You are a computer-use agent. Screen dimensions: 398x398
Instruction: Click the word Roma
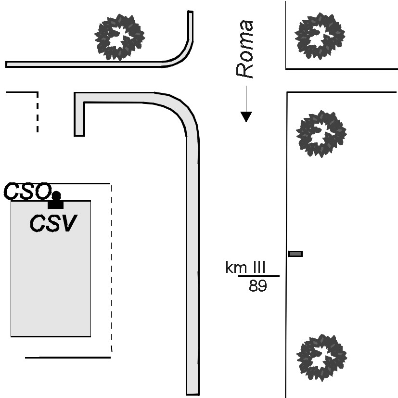(244, 49)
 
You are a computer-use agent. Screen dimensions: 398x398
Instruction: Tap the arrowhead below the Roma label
(246, 116)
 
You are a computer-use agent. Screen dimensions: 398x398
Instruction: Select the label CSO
(27, 191)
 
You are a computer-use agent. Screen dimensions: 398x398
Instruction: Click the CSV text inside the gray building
(53, 223)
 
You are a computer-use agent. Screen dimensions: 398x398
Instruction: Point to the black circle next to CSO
(56, 196)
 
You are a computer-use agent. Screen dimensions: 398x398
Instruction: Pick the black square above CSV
(56, 205)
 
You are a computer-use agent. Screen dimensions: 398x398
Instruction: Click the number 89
(257, 286)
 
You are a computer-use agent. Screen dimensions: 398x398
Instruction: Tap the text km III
(245, 267)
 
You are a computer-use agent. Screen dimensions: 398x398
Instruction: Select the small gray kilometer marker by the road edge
(295, 254)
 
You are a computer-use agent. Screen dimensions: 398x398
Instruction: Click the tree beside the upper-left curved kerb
(119, 38)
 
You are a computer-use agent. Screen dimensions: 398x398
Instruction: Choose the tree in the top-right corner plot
(320, 36)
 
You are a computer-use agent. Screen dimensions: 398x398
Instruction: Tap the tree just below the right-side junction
(321, 134)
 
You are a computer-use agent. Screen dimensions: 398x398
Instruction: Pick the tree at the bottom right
(322, 358)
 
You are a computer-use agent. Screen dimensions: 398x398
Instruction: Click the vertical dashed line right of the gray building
(112, 268)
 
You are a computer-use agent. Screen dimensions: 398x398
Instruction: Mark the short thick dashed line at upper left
(38, 112)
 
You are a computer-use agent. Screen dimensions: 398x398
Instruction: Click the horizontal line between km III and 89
(258, 276)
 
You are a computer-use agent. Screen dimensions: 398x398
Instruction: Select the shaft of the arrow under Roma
(246, 99)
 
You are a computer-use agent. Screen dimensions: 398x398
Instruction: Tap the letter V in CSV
(68, 223)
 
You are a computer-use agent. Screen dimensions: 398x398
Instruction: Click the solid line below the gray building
(68, 358)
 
